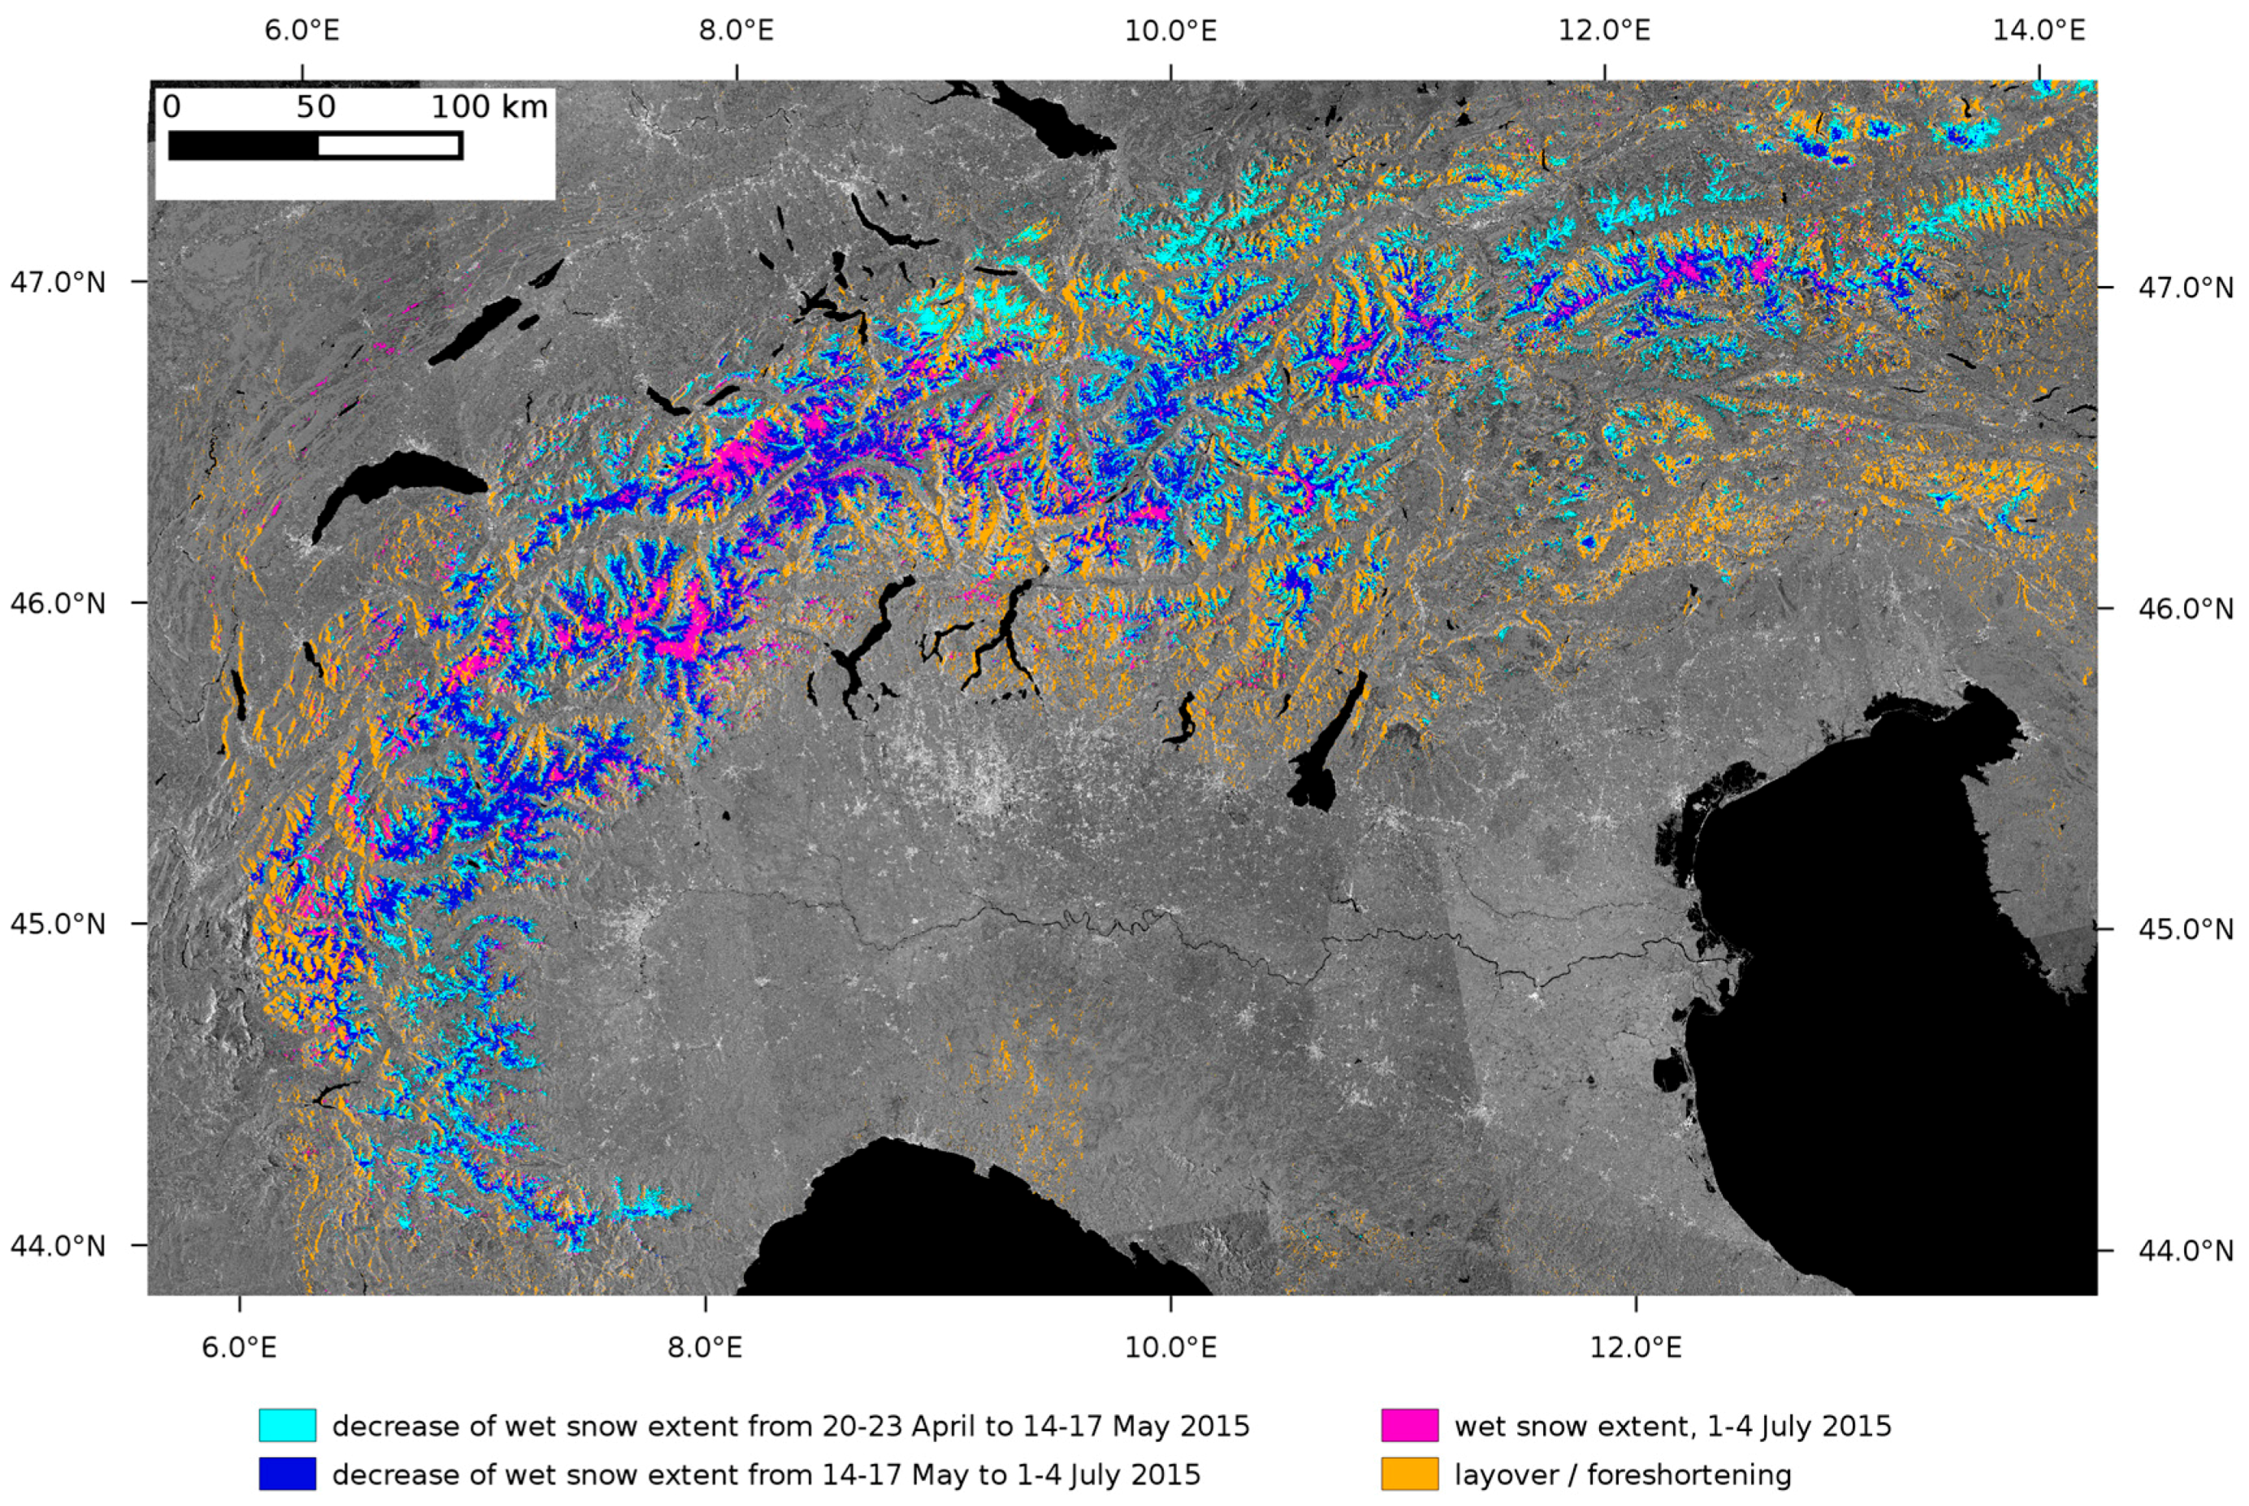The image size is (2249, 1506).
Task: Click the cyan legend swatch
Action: click(288, 1426)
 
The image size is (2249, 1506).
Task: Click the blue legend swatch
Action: click(288, 1474)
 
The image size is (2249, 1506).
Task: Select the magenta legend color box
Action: click(1410, 1426)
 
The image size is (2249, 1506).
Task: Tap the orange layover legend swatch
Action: click(1410, 1474)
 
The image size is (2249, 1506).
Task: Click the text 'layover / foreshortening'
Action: click(1622, 1474)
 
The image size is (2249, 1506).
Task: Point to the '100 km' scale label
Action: click(489, 106)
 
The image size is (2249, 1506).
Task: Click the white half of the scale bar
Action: click(389, 146)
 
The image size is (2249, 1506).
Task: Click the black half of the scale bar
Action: click(244, 146)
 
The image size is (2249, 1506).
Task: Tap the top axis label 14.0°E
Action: click(2038, 31)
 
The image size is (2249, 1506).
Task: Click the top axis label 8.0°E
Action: click(736, 31)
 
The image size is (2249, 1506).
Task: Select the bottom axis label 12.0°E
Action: click(1635, 1348)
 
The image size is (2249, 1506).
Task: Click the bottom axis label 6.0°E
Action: click(239, 1348)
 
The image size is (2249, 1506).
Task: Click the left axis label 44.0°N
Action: click(58, 1246)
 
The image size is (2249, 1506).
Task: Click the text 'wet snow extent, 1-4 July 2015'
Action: click(1672, 1426)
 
